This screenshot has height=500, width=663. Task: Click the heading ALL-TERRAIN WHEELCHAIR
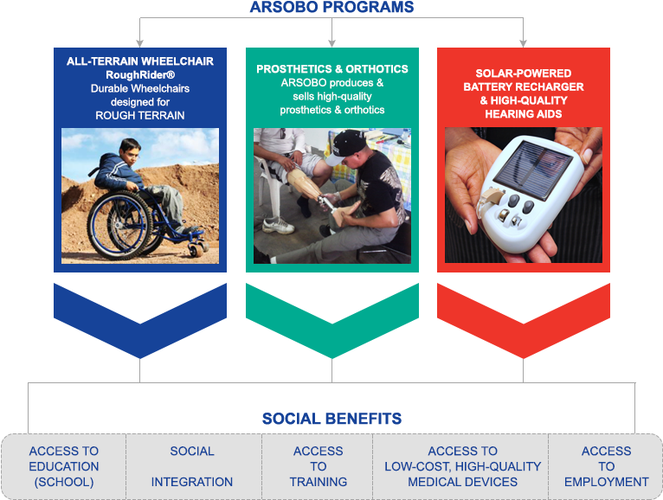(140, 61)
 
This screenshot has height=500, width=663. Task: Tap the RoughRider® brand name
(140, 75)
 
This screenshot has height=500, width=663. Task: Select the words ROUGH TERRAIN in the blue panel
(140, 115)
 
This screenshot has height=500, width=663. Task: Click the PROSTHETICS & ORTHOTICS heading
(332, 69)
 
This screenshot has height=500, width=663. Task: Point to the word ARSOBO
(282, 83)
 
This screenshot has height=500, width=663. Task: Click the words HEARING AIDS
(524, 114)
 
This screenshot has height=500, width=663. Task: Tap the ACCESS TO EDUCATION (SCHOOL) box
(64, 466)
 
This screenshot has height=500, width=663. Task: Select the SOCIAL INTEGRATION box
(192, 466)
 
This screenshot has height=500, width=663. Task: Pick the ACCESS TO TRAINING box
(318, 466)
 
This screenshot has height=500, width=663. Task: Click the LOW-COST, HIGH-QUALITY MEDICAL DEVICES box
(462, 466)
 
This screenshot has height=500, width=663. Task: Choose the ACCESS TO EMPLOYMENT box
(606, 466)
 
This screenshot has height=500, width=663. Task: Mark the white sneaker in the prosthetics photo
(278, 226)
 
